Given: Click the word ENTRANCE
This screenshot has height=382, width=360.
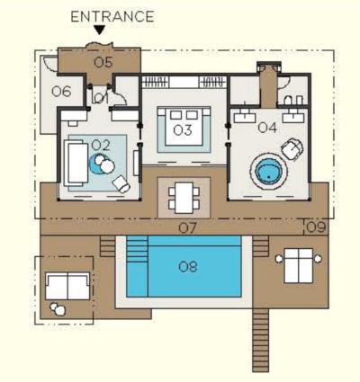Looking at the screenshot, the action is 112,16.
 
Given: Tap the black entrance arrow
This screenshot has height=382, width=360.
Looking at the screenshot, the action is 99,30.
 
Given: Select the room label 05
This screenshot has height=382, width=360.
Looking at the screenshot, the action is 103,63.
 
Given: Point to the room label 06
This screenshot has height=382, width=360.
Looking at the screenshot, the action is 61,92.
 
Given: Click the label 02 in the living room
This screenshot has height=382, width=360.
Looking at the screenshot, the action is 101,146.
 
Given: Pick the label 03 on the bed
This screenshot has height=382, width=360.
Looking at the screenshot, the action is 183,130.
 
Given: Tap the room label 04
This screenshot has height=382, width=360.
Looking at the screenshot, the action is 267,128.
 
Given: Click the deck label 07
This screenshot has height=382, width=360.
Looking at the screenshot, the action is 187,228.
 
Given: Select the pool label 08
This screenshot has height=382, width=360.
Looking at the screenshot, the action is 316,227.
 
